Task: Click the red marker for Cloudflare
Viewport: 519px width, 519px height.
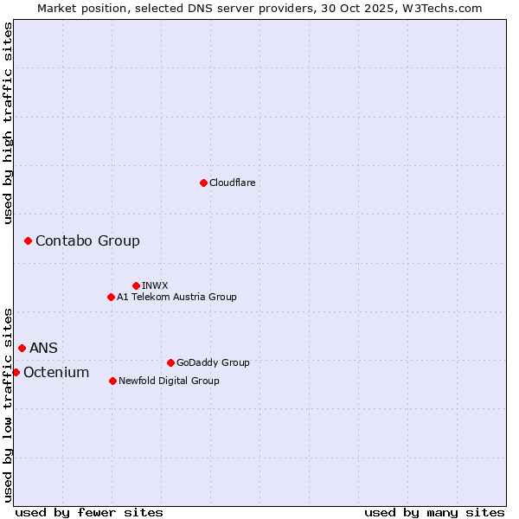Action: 203,183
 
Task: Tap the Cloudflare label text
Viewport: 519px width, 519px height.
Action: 232,183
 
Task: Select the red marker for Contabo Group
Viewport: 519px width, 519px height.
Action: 28,240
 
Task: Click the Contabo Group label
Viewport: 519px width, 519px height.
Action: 87,240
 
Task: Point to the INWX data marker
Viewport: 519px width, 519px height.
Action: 136,285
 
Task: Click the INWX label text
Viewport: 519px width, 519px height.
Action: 155,285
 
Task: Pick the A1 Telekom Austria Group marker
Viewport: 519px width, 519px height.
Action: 111,297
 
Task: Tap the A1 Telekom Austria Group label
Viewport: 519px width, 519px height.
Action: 176,297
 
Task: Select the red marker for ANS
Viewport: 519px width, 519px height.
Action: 22,348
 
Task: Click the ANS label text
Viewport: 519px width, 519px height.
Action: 43,348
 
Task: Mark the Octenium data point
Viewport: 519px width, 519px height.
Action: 16,372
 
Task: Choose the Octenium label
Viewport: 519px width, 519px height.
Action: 56,372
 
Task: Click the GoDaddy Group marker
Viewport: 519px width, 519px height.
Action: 170,362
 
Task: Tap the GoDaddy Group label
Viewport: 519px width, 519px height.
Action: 213,362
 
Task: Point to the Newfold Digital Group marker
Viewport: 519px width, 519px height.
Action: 112,381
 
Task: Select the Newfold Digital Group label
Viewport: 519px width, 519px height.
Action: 169,381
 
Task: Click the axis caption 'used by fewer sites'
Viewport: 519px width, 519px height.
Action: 89,512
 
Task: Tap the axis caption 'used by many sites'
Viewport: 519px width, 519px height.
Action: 434,512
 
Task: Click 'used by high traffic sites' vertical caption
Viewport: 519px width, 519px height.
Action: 8,123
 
